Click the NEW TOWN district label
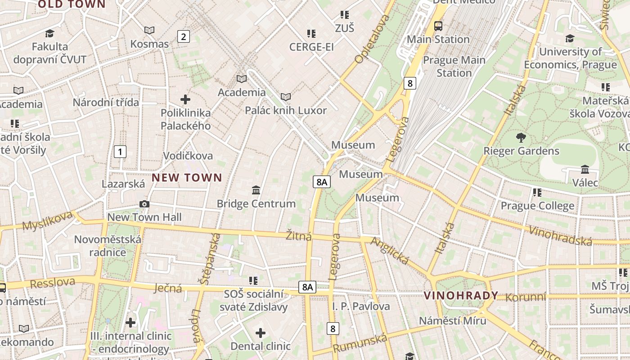[x=187, y=177]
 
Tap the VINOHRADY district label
[x=461, y=296]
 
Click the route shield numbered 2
[x=183, y=36]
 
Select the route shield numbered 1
[x=120, y=152]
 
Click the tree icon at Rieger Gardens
[x=521, y=138]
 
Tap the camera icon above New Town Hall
[x=144, y=204]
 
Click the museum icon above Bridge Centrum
[x=256, y=190]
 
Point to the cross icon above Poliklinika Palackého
[x=185, y=99]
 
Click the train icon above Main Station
[x=438, y=26]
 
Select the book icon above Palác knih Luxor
[x=285, y=97]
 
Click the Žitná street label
[x=299, y=235]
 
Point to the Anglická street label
[x=390, y=251]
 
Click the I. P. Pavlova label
[x=361, y=306]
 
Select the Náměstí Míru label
[x=452, y=321]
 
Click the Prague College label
[x=537, y=206]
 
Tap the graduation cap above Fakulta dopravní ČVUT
[x=49, y=33]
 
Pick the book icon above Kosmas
[x=149, y=30]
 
